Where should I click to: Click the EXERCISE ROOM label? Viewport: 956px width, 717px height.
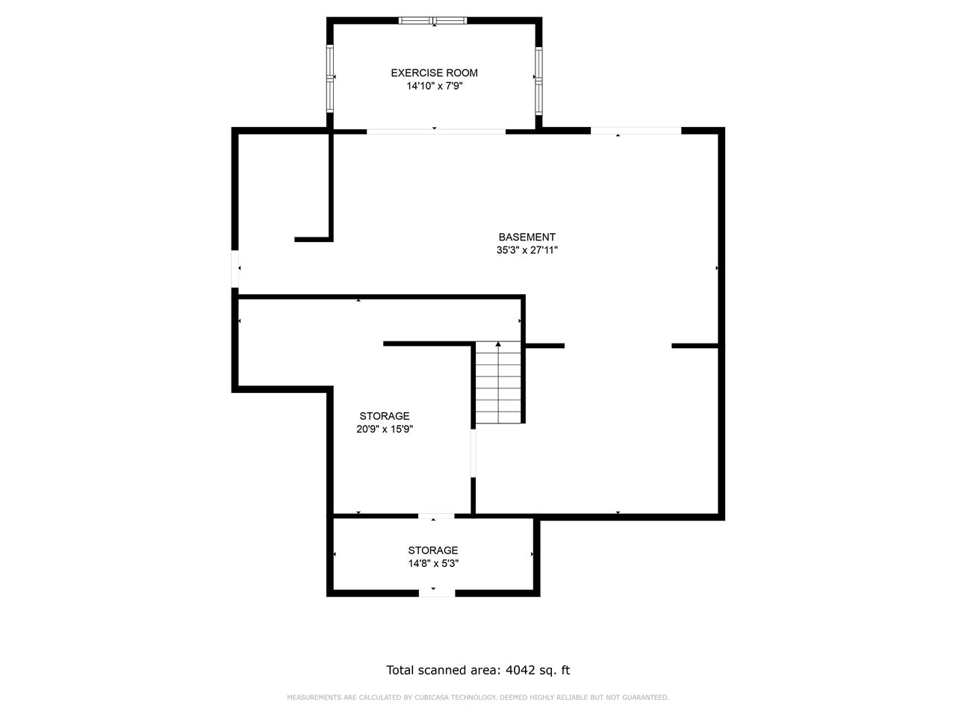point(434,72)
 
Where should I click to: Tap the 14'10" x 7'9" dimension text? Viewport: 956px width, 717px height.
point(434,86)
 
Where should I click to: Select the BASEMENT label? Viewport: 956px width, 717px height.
point(527,237)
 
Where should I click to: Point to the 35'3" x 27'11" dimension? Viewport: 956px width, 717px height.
point(527,250)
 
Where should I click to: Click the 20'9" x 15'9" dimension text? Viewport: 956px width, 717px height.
point(385,429)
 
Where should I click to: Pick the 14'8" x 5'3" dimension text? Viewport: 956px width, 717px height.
point(433,563)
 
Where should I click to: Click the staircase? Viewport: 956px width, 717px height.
point(498,382)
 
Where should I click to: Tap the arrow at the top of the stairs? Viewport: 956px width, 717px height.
point(498,344)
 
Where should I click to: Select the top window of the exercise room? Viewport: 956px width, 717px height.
point(433,20)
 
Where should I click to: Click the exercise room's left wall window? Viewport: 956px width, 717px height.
point(329,78)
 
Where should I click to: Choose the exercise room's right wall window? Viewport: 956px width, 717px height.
point(538,81)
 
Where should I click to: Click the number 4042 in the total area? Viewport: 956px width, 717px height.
point(520,670)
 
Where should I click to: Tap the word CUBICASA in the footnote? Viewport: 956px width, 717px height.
point(431,698)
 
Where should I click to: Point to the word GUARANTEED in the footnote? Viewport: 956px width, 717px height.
point(645,698)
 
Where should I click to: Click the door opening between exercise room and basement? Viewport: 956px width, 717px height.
point(436,131)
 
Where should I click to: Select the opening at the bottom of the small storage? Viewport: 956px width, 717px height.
point(437,593)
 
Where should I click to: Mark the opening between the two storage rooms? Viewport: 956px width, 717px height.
point(436,516)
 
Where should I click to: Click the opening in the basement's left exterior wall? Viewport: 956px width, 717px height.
point(235,269)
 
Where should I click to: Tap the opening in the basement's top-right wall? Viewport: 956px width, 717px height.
point(636,131)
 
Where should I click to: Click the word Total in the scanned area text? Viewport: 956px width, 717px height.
point(400,670)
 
